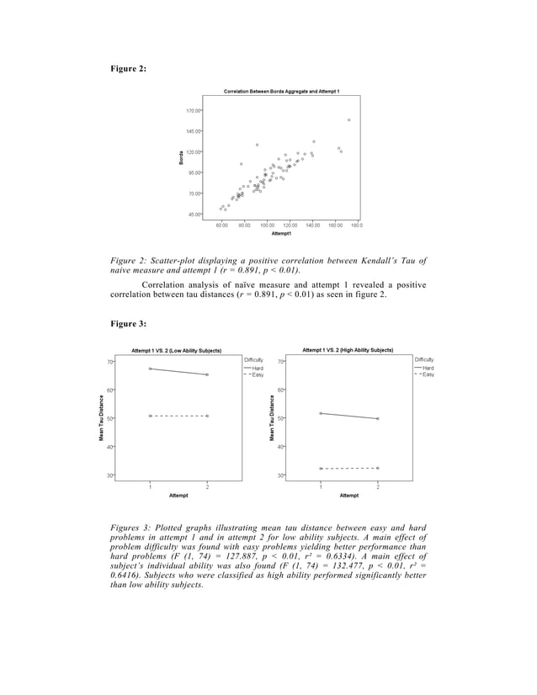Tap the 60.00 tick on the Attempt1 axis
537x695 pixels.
point(223,225)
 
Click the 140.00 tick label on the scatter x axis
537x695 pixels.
point(312,225)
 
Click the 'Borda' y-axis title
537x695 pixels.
point(180,157)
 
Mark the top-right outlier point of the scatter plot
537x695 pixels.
point(348,120)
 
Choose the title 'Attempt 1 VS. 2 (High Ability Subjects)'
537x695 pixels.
point(348,349)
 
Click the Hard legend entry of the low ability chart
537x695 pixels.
point(258,368)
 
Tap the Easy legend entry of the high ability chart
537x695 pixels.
point(428,374)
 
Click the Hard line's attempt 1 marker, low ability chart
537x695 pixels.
point(150,369)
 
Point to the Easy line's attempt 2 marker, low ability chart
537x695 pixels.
point(207,416)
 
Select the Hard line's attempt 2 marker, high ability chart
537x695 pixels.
point(377,418)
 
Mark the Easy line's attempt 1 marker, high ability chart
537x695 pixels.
point(321,468)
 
